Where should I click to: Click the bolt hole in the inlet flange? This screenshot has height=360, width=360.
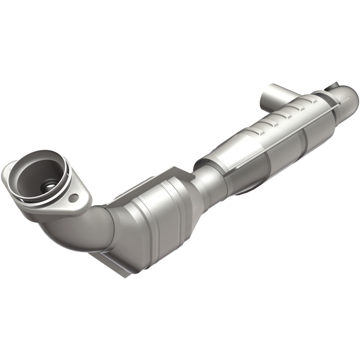75,197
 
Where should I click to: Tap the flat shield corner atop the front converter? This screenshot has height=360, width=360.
178,173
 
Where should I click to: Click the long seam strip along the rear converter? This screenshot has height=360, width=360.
288,135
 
